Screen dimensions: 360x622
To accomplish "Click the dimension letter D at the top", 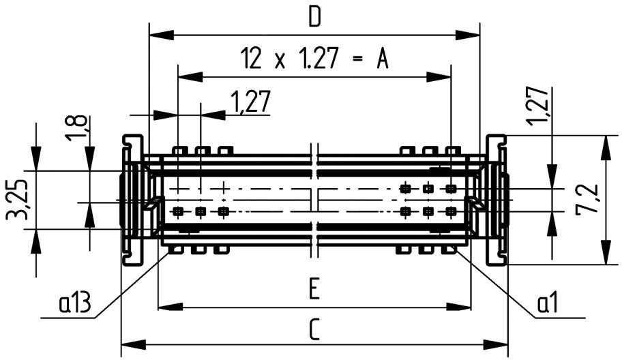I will tap(314, 17).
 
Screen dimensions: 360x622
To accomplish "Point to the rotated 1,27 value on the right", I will tap(538, 106).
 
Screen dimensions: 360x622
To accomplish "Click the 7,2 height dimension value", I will tap(588, 200).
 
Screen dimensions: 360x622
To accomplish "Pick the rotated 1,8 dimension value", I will tap(77, 127).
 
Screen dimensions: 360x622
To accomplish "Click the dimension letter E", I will tap(313, 291).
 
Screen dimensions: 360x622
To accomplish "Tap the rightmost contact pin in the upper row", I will tap(451, 187).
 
